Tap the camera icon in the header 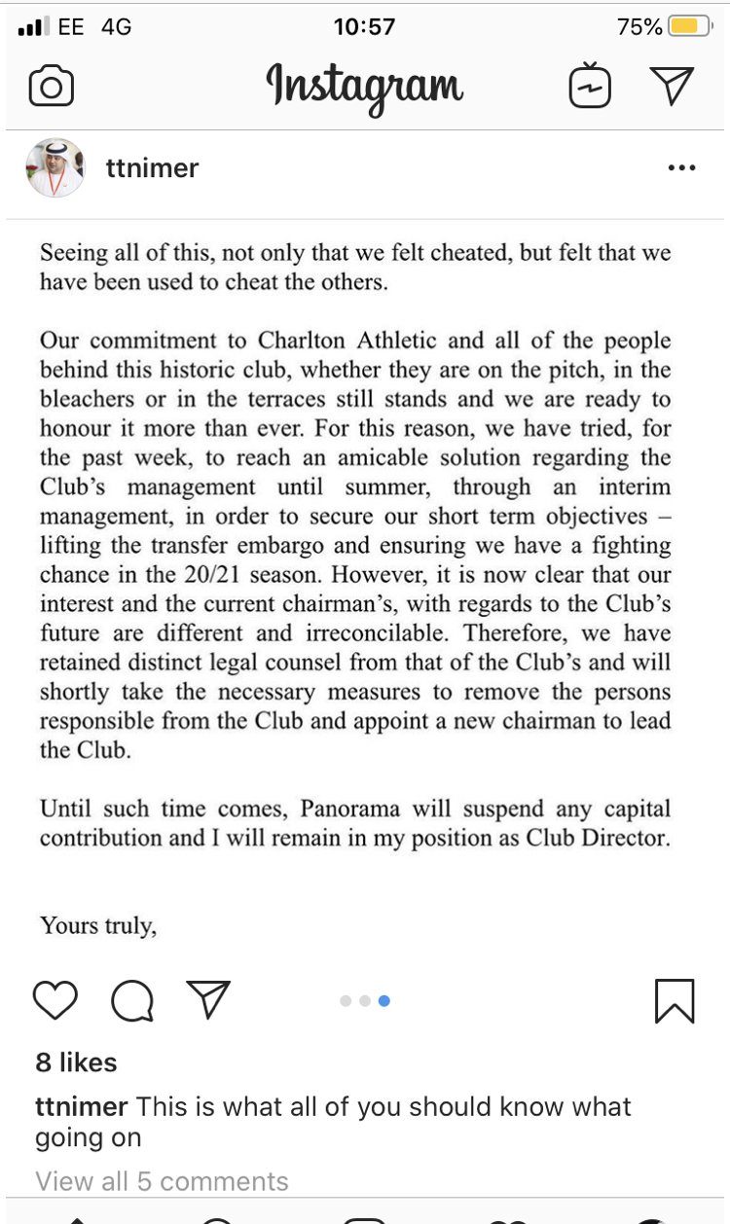pos(52,88)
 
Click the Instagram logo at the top pos(364,88)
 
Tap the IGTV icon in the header pos(590,88)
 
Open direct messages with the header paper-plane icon pos(672,87)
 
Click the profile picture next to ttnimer pos(55,167)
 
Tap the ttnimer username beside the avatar pos(152,168)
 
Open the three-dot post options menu pos(682,168)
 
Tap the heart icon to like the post pos(55,1000)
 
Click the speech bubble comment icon pos(131,1000)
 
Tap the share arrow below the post pos(207,999)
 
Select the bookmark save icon pos(675,1000)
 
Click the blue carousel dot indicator pos(384,1001)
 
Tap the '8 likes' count pos(76,1062)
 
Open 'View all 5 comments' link pos(162,1181)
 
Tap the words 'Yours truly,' pos(97,925)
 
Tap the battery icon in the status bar pos(690,26)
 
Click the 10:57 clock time pos(364,26)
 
